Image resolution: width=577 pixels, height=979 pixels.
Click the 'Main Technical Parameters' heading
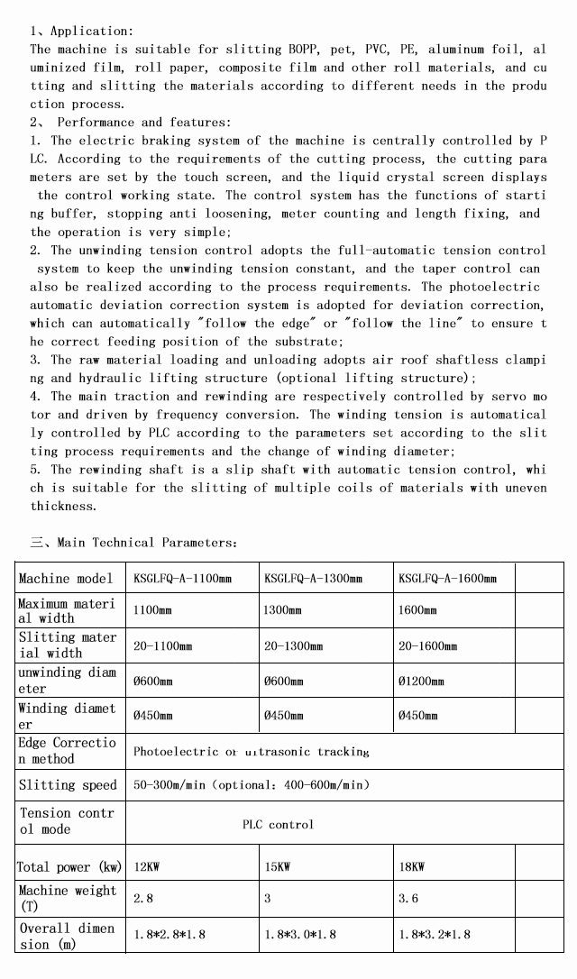(134, 543)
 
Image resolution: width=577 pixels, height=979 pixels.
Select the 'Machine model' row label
(66, 578)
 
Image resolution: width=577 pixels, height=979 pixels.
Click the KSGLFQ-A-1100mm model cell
(182, 578)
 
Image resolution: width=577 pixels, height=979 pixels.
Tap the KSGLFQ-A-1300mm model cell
(313, 578)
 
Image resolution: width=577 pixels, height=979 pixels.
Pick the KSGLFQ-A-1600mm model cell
(447, 578)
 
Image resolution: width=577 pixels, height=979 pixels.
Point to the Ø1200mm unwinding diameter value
(421, 681)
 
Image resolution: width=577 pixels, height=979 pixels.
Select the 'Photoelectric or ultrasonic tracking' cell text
(251, 751)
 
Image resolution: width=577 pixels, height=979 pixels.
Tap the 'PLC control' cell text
(279, 824)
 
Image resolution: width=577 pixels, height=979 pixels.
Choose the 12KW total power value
(148, 867)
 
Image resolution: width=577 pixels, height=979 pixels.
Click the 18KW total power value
(411, 867)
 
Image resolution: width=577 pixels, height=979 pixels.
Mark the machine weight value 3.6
(408, 899)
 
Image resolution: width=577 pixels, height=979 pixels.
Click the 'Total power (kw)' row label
(69, 867)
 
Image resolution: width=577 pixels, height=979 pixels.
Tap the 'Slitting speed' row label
(68, 785)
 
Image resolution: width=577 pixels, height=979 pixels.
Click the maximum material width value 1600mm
(417, 610)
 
